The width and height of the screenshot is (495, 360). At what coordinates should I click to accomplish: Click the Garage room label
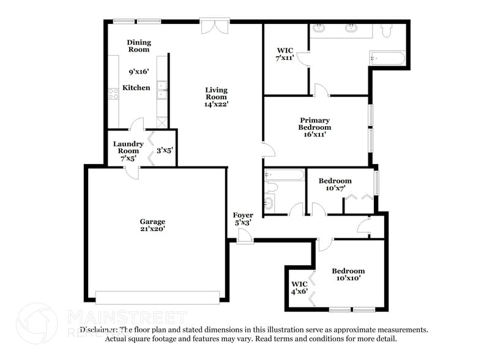point(152,221)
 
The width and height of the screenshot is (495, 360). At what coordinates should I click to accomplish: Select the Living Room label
point(216,93)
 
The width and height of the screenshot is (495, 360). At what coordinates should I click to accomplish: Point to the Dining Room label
point(138,46)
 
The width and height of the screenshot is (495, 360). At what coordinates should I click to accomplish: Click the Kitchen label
point(136,88)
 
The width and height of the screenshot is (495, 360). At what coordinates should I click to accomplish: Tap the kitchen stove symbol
point(113,94)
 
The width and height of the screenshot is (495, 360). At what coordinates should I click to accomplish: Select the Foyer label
point(243,215)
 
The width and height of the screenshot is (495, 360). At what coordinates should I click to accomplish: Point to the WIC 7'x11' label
point(285,53)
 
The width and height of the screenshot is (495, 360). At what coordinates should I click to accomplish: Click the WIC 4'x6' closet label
point(299,287)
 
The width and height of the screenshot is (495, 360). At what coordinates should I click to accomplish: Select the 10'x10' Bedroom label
point(348,274)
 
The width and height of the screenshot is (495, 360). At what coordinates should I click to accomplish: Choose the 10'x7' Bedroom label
point(335,184)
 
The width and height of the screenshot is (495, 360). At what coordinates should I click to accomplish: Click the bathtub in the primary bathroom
point(387,59)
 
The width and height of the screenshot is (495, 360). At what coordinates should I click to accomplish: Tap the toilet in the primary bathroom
point(387,31)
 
